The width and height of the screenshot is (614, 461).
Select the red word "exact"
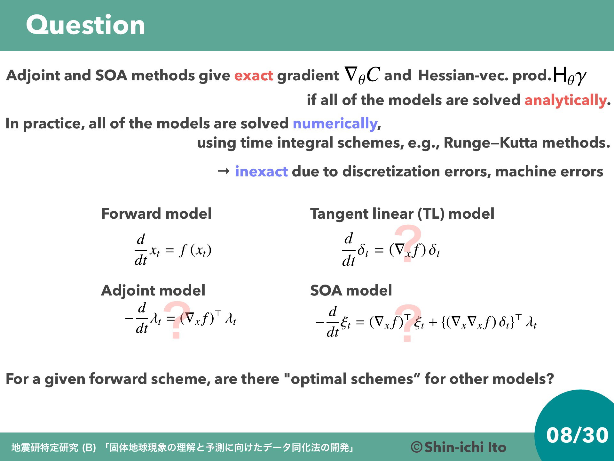point(254,76)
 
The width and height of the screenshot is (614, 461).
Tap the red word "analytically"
point(565,100)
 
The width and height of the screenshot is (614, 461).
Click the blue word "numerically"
point(335,124)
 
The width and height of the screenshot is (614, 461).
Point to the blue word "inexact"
point(261,172)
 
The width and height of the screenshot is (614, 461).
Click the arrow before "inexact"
point(224,172)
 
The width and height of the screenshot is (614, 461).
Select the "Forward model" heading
point(156,214)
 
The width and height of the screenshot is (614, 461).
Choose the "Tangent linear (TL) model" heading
point(402,214)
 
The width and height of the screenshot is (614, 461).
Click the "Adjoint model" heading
point(153,290)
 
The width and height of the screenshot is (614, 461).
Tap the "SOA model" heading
point(351,290)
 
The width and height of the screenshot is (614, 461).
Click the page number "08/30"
point(577,435)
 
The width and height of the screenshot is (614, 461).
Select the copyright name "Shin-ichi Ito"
point(465,447)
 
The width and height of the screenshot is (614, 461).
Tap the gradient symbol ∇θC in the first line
point(362,75)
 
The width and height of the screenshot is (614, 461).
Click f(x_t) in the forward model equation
point(195,250)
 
